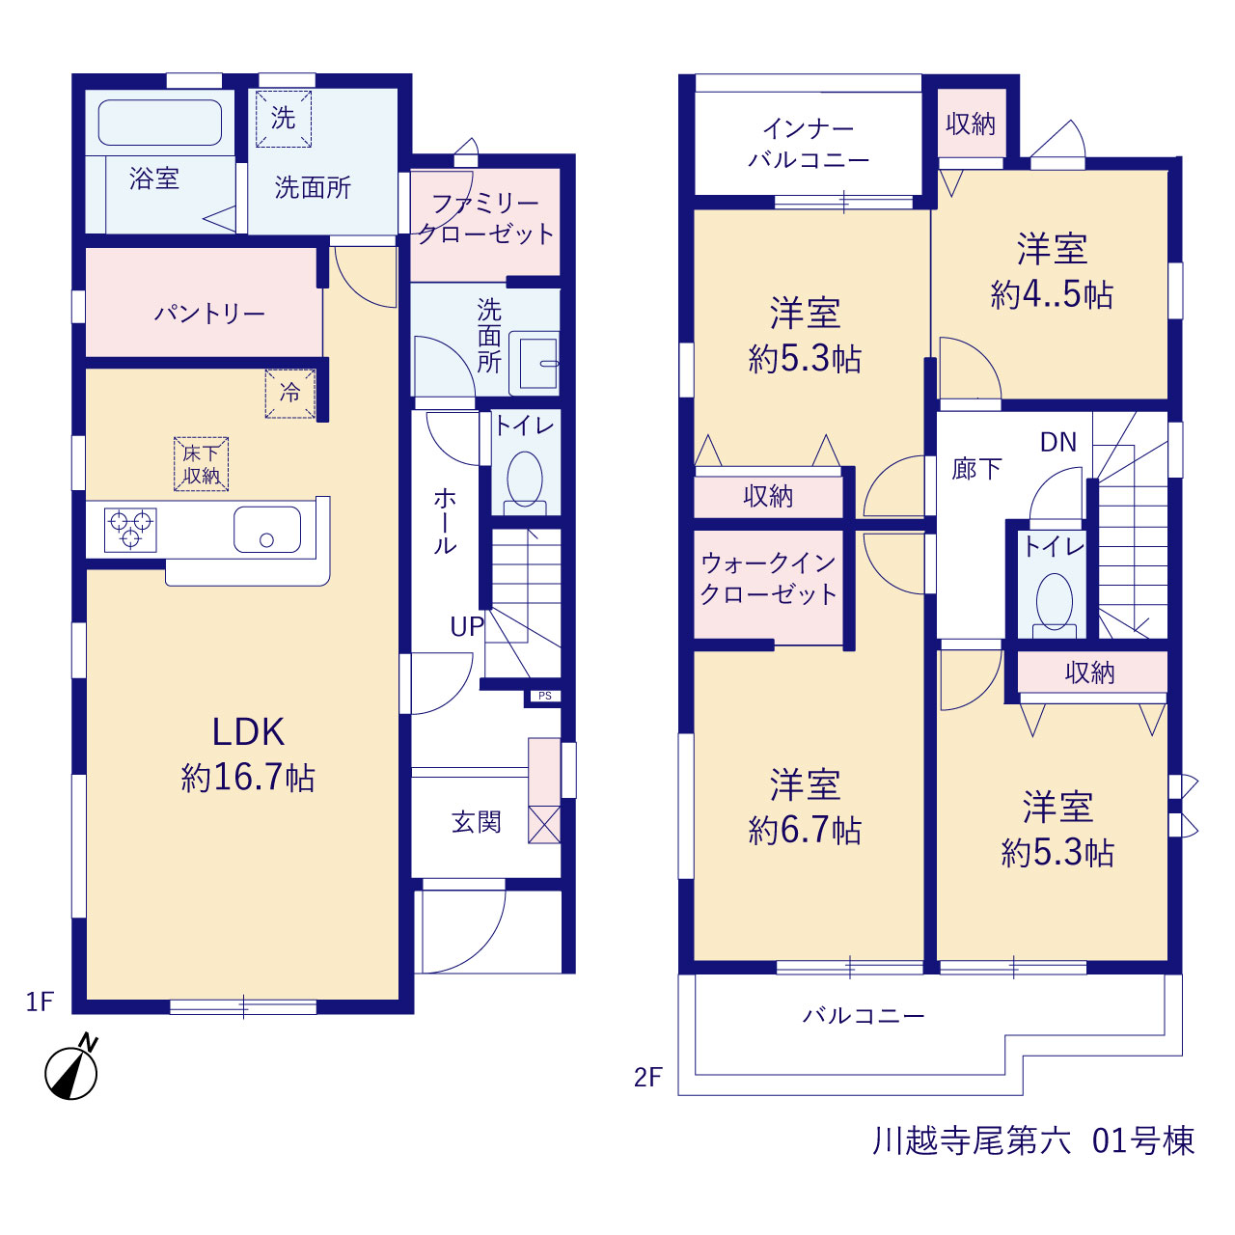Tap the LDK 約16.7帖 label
pos(248,755)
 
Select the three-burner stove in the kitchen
pos(131,530)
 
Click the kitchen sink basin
pos(267,530)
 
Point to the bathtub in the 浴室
pos(160,123)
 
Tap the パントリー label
pos(209,314)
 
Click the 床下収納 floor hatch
pos(202,464)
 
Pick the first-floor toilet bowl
pos(525,480)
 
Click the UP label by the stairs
pos(467,626)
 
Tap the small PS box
pos(545,696)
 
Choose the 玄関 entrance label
pos(477,822)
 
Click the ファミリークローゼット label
pos(485,219)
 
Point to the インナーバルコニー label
pos(809,145)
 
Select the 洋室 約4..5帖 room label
pos(1052,272)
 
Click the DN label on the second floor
pos(1058,442)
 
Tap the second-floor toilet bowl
pos(1055,601)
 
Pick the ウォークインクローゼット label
pos(768,579)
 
